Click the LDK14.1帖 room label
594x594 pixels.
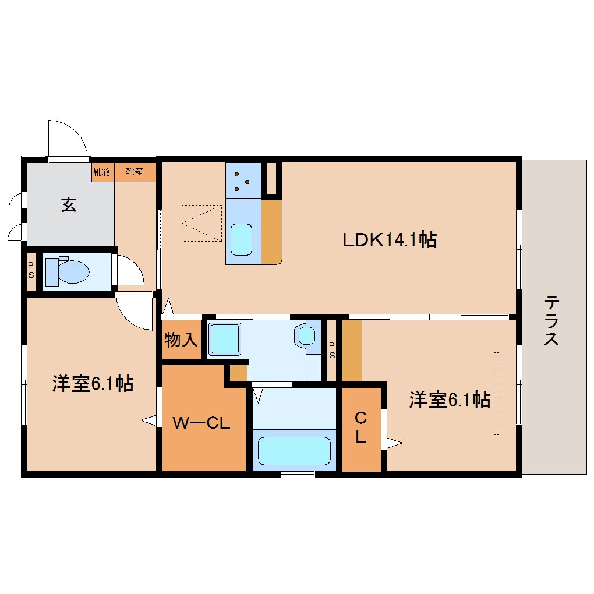pyautogui.click(x=390, y=239)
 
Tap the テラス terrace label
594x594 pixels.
pyautogui.click(x=551, y=320)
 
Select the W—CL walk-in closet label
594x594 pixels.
pyautogui.click(x=201, y=423)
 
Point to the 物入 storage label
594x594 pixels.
pyautogui.click(x=181, y=340)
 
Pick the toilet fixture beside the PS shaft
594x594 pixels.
pyautogui.click(x=67, y=271)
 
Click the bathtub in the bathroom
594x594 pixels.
pyautogui.click(x=294, y=450)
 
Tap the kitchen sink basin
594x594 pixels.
pyautogui.click(x=241, y=240)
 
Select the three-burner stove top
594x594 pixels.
pyautogui.click(x=243, y=181)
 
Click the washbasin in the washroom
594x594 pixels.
pyautogui.click(x=306, y=335)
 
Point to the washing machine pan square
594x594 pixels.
pyautogui.click(x=224, y=339)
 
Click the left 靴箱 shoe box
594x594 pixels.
pyautogui.click(x=102, y=172)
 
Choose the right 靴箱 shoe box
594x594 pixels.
pyautogui.click(x=135, y=172)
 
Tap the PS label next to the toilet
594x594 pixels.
pyautogui.click(x=31, y=270)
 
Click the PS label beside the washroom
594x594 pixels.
pyautogui.click(x=332, y=350)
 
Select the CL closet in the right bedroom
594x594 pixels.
pyautogui.click(x=361, y=429)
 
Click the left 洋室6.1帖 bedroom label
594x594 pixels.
pyautogui.click(x=93, y=383)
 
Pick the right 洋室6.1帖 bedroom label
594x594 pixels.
pyautogui.click(x=450, y=400)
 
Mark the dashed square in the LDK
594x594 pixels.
pyautogui.click(x=201, y=223)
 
